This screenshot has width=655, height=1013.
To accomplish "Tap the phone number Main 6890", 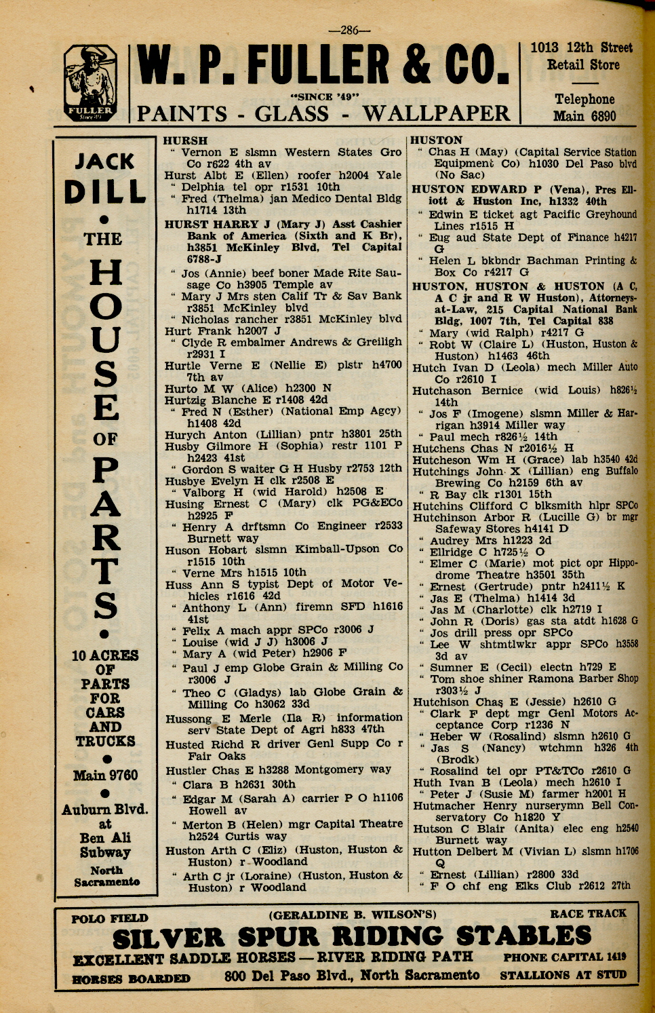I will [x=584, y=116].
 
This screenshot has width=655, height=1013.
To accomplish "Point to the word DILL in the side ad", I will [x=104, y=192].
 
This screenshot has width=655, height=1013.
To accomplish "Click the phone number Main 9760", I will [x=105, y=775].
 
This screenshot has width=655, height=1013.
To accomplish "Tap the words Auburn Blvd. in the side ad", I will [x=104, y=809].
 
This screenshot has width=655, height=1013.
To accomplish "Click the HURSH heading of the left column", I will [x=186, y=140].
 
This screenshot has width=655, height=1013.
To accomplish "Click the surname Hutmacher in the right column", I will [x=444, y=805].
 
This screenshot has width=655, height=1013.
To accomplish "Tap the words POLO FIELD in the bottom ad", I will [x=110, y=919].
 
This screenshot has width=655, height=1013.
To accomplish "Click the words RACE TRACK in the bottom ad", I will [x=588, y=913].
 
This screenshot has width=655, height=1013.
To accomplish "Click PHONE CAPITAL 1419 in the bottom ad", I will [x=564, y=957].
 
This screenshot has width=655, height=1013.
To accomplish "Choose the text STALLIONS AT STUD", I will [x=563, y=975].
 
